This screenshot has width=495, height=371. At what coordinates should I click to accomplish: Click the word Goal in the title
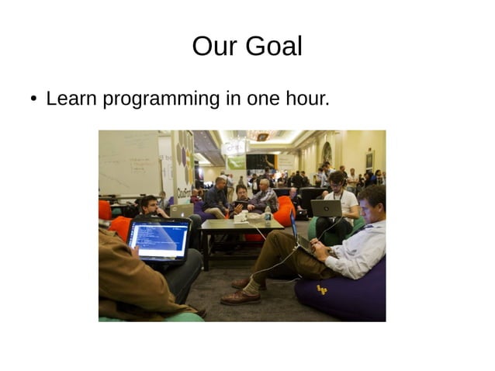click(x=272, y=47)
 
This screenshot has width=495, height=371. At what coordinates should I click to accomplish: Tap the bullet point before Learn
click(x=33, y=99)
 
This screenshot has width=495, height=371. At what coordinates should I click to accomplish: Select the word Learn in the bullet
click(x=72, y=99)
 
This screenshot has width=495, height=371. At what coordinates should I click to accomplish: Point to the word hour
click(x=308, y=99)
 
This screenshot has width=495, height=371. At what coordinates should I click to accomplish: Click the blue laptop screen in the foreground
click(x=159, y=241)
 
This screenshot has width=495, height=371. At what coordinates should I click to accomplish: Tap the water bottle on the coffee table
click(x=268, y=215)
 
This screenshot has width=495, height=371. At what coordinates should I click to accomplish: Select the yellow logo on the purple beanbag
click(x=321, y=290)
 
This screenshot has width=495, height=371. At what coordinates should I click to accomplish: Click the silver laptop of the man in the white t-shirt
click(x=326, y=208)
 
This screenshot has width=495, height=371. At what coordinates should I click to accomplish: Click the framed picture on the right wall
click(x=369, y=158)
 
